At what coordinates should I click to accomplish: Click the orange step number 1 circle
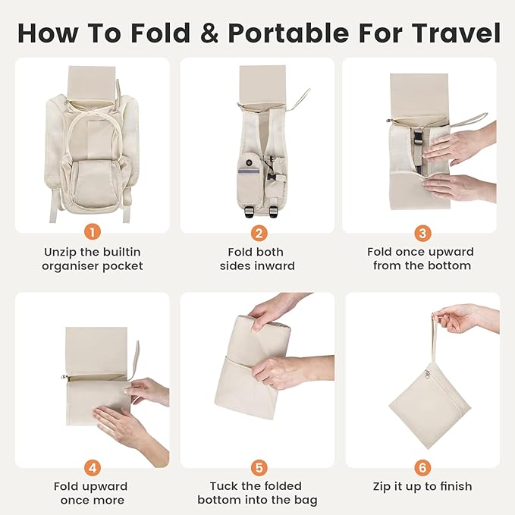click(x=92, y=232)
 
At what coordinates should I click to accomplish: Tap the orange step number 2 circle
click(x=257, y=232)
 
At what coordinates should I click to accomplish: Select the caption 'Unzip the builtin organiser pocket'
click(x=92, y=259)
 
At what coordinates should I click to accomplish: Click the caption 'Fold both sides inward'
click(x=257, y=259)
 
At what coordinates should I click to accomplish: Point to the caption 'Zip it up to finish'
click(x=422, y=486)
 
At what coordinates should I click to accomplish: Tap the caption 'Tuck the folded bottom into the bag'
click(x=257, y=493)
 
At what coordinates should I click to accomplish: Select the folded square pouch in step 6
click(x=429, y=394)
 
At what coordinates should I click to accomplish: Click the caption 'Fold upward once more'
click(x=92, y=493)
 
